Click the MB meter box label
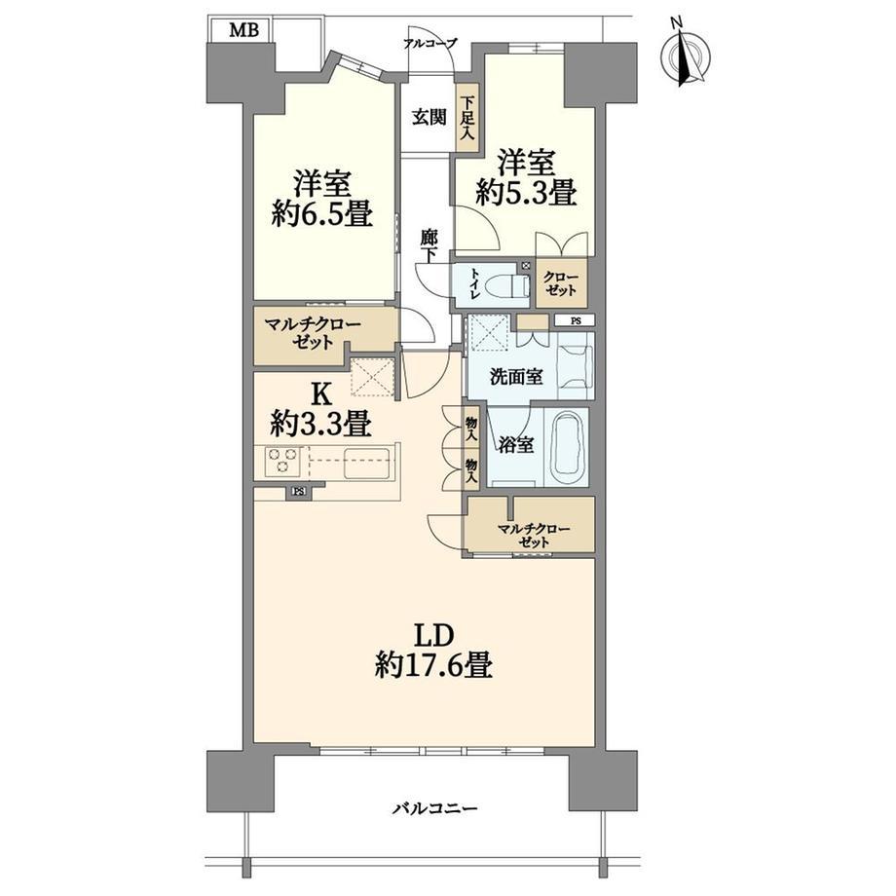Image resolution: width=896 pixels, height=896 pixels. pos(244,30)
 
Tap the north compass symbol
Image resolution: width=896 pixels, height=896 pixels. pos(685,56)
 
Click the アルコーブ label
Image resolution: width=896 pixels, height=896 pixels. pos(429,43)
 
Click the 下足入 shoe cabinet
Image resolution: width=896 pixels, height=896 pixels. pos(467,118)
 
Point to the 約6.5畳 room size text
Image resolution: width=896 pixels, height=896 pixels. pos(322,214)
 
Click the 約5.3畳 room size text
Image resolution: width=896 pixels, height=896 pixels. pos(526,192)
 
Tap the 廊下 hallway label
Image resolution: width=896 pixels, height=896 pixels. pos(429,245)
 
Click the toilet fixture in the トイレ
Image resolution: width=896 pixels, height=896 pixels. pos(513,284)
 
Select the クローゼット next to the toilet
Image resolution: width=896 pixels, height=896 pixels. pos(561,282)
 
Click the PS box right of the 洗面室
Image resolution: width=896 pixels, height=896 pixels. pos(575,320)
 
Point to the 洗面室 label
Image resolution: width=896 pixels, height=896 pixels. pos(516,378)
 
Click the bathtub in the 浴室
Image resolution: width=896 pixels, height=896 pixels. pos(569,447)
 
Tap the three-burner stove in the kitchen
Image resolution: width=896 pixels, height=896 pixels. pos(282,461)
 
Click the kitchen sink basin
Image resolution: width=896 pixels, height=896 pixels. pos(367,464)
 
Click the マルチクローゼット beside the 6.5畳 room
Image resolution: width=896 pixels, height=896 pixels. pos(312,335)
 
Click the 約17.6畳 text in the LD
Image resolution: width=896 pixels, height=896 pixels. pos(433,665)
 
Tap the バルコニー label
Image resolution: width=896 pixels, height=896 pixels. pos(435,809)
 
